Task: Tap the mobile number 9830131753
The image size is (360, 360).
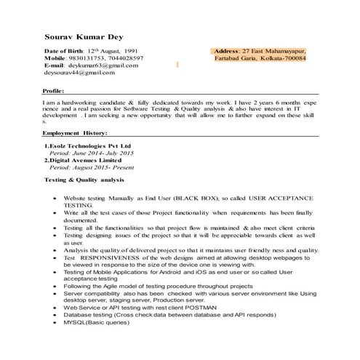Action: [87, 58]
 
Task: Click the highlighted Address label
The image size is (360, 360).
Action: [226, 52]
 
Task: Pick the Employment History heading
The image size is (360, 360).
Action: [75, 134]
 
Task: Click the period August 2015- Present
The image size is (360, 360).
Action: [89, 169]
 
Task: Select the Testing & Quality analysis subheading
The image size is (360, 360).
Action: [84, 180]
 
